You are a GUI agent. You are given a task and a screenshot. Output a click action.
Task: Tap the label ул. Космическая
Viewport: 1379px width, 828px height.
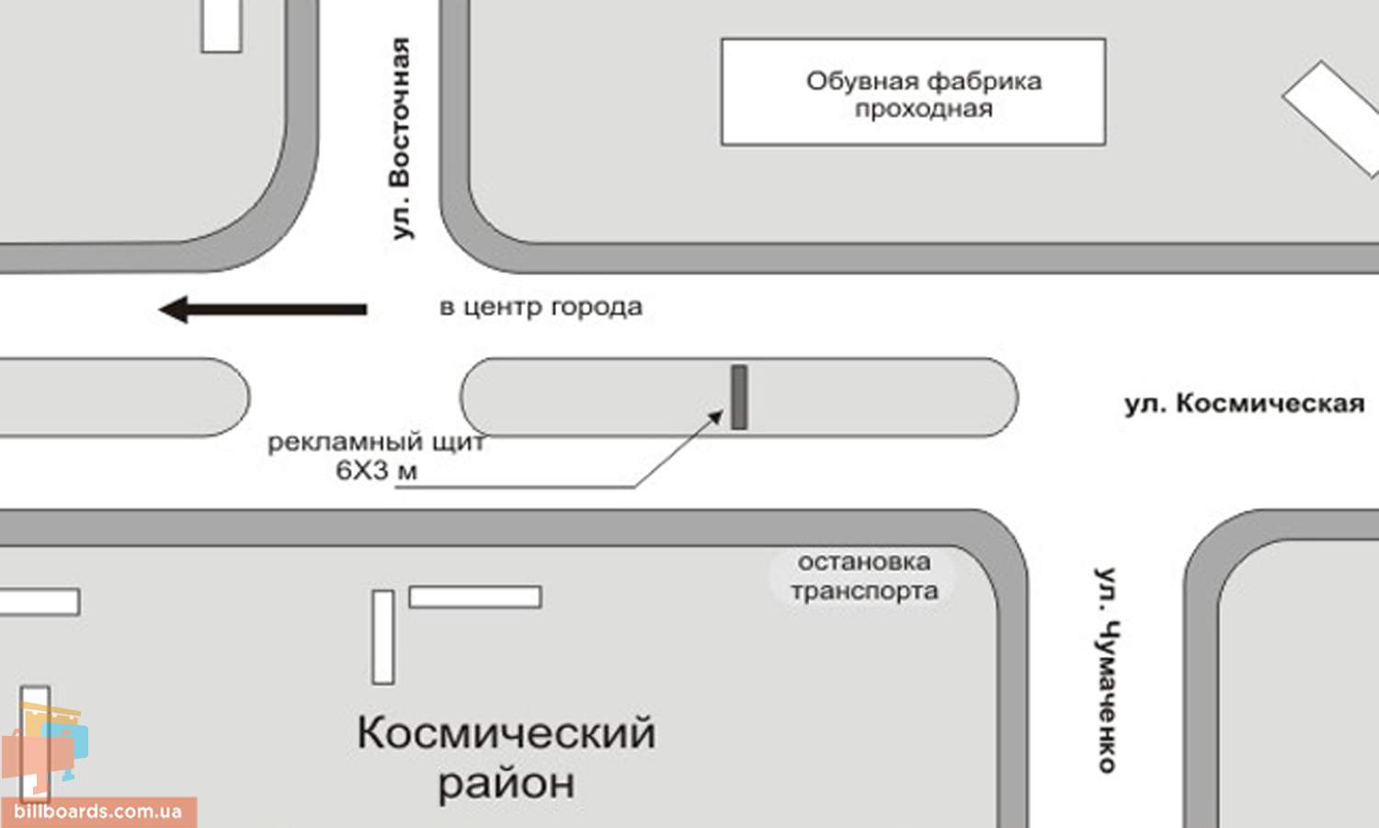tap(1245, 404)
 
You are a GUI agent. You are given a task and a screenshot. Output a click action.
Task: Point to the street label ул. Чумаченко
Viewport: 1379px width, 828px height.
tap(1107, 670)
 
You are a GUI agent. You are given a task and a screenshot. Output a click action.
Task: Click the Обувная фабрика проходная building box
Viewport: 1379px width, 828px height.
tap(914, 92)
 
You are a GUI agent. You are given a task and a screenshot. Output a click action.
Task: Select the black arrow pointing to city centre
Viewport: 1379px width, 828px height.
tap(263, 309)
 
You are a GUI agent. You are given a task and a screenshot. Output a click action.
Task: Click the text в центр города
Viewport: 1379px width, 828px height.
tap(541, 306)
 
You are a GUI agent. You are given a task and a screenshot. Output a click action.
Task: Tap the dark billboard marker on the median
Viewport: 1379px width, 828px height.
tap(739, 397)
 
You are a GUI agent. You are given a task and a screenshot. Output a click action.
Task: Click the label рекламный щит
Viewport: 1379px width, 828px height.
tap(376, 443)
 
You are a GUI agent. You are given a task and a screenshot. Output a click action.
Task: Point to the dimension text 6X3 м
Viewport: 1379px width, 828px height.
tap(376, 471)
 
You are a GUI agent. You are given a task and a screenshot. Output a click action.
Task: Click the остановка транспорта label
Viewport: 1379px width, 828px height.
tap(864, 577)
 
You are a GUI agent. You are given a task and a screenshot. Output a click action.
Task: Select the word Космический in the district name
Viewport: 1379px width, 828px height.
tap(506, 734)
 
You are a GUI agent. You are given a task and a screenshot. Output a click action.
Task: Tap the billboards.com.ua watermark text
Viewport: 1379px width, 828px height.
tap(98, 811)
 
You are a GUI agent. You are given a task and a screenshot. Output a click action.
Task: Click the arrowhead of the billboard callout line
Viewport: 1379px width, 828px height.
tap(716, 417)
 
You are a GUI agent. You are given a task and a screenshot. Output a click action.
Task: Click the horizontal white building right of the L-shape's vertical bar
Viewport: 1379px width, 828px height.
tap(475, 597)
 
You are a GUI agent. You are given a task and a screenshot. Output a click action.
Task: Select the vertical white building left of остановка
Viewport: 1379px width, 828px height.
tap(383, 637)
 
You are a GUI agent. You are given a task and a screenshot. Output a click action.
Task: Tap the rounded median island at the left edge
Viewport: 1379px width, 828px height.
tap(123, 397)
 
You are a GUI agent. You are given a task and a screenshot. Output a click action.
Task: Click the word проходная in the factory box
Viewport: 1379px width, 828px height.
tap(923, 109)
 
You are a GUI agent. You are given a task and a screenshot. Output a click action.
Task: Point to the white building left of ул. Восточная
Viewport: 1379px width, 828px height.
tap(222, 26)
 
